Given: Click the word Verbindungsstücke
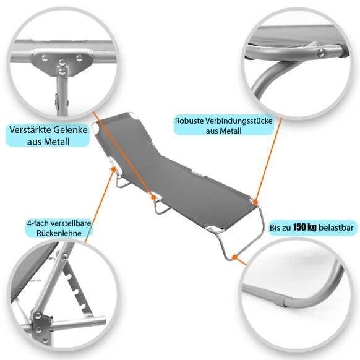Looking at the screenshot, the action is click(x=239, y=121).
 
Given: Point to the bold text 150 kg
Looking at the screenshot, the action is click(x=304, y=227).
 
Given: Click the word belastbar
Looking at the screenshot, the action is click(x=336, y=228).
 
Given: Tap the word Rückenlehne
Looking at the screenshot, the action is click(x=59, y=233).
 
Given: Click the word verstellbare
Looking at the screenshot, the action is click(x=71, y=223).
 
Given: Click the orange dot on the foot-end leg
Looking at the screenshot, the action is click(x=234, y=257).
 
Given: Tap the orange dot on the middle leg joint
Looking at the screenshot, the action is click(x=153, y=197).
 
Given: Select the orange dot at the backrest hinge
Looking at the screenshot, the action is click(x=114, y=169).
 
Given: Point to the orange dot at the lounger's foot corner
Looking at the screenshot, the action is click(x=255, y=202).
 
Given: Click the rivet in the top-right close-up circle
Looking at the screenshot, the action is click(x=321, y=53).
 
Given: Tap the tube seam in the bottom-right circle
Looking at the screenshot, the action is click(x=284, y=302).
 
